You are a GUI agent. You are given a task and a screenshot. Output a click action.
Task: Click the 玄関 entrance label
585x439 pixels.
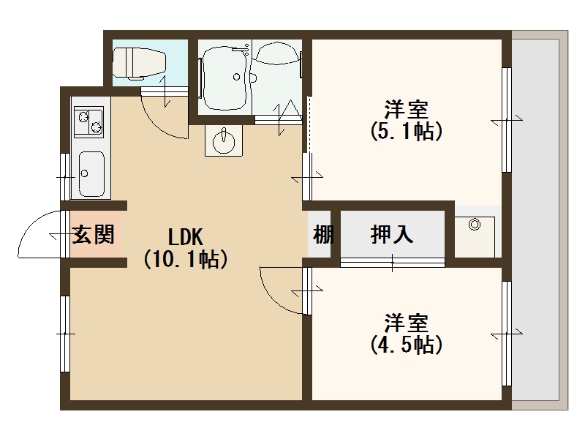(x=94, y=236)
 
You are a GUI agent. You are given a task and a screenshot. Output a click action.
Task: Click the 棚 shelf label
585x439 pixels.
(x=322, y=236)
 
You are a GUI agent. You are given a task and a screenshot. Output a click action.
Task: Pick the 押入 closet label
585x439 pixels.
(x=392, y=235)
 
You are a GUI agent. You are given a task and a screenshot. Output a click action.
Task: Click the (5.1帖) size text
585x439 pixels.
(x=407, y=132)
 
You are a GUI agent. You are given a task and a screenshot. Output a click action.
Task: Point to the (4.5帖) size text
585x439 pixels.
(x=407, y=344)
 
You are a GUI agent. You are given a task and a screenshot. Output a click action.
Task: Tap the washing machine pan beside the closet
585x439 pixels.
(x=475, y=233)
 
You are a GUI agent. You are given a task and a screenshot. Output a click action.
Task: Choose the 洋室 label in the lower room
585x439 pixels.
(x=407, y=323)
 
